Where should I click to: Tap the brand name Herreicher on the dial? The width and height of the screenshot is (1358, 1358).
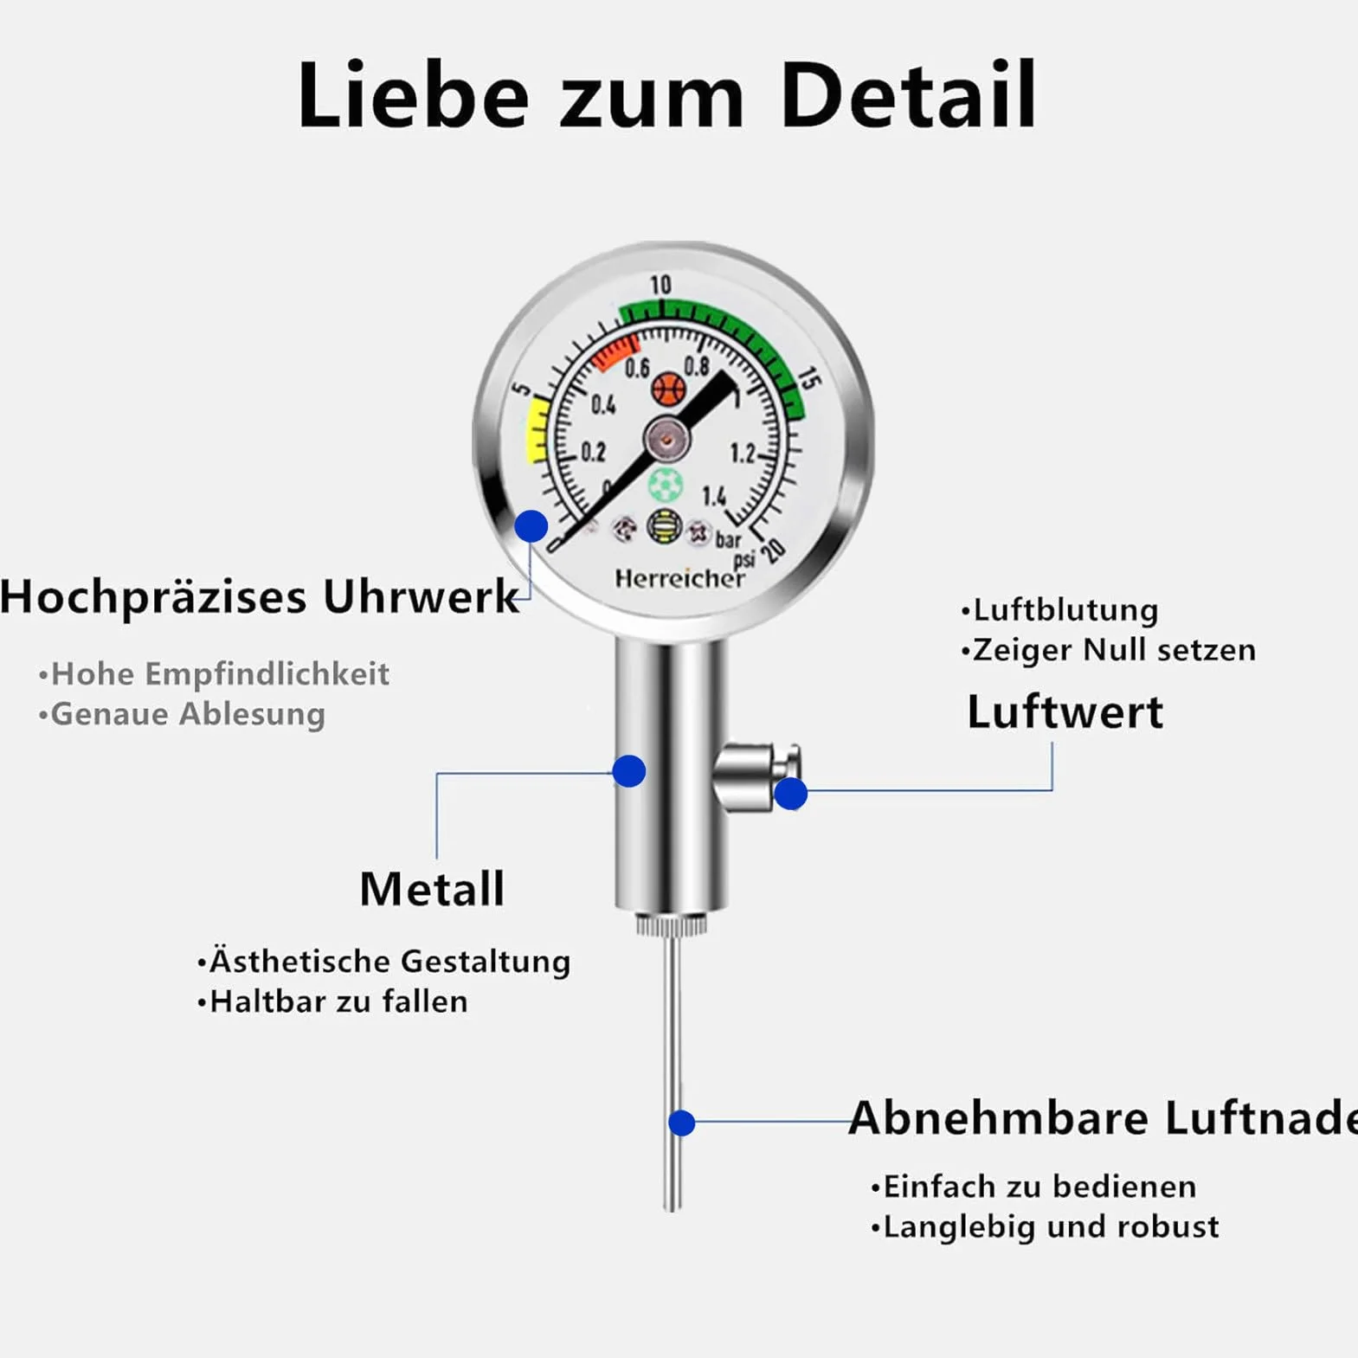click(679, 578)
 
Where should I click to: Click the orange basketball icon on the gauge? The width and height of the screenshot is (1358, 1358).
click(668, 389)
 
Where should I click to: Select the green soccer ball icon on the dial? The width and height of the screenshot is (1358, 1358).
click(665, 485)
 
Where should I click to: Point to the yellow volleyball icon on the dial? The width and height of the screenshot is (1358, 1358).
click(664, 526)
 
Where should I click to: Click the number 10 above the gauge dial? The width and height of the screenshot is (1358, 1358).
click(660, 285)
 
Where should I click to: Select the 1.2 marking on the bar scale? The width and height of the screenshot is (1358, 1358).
click(742, 453)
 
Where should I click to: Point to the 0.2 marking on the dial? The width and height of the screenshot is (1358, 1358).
click(593, 452)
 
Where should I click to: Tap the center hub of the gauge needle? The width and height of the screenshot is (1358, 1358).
click(666, 440)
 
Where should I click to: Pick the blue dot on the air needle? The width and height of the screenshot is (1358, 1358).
click(682, 1123)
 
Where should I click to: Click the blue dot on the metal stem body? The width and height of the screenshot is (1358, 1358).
click(629, 770)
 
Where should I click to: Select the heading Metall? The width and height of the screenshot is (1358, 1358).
click(432, 889)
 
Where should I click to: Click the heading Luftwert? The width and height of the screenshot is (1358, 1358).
click(1065, 712)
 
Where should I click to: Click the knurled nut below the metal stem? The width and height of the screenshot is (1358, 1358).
click(672, 924)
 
